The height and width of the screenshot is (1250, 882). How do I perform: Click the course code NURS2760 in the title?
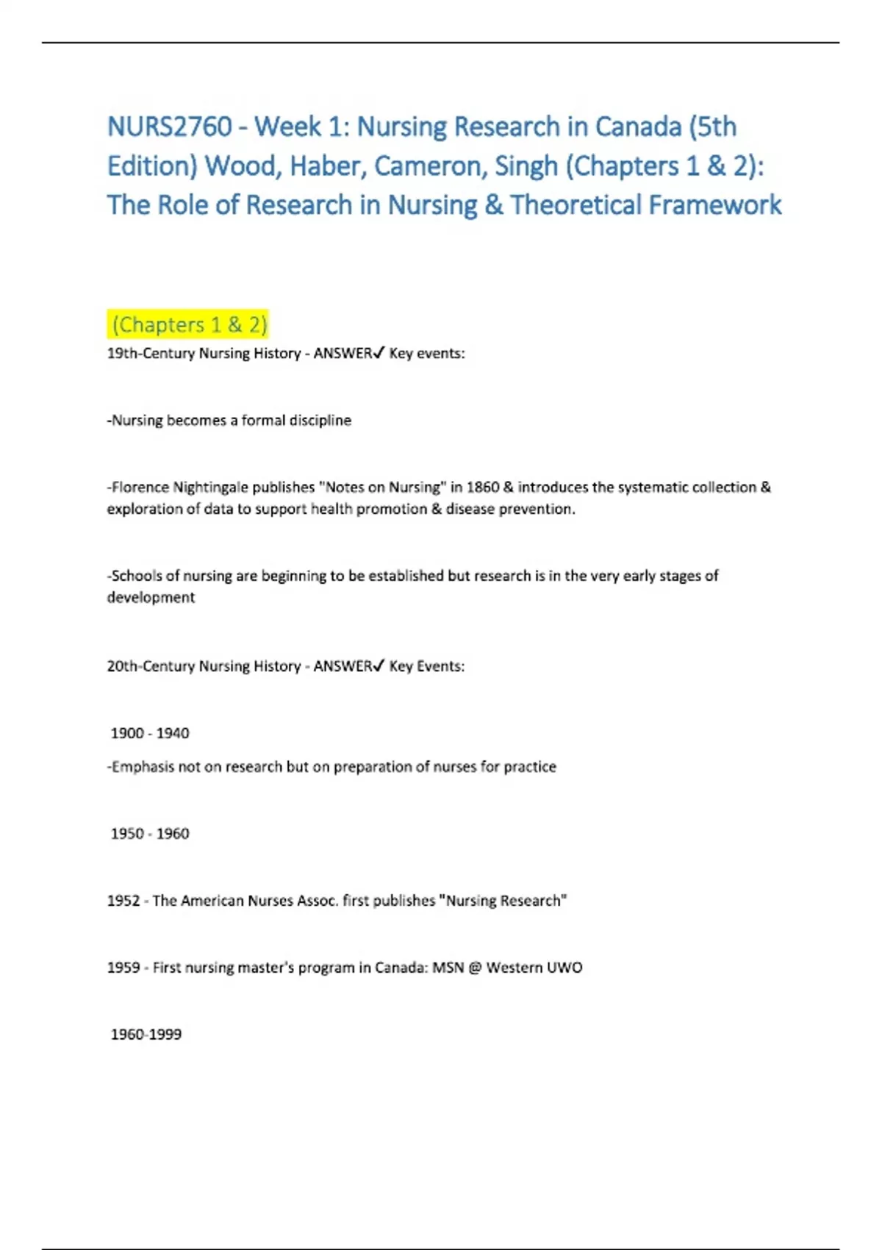coord(170,126)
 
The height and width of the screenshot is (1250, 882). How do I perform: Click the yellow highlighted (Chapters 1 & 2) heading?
coord(189,324)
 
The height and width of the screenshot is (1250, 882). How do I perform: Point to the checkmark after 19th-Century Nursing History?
coord(379,353)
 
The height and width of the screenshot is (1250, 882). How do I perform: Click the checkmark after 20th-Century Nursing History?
coord(379,666)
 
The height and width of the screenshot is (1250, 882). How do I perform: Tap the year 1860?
coord(483,487)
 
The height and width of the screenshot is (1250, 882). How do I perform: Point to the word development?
coord(151,597)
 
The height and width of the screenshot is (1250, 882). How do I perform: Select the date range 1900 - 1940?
coord(150,733)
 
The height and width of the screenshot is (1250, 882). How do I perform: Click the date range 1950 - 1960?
coord(150,833)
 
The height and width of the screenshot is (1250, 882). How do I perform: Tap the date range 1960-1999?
coord(146,1034)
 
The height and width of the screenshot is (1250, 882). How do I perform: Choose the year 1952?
coord(123,900)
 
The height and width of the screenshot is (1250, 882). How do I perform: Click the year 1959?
coord(123,967)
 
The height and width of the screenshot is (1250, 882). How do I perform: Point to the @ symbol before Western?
coord(476,967)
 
